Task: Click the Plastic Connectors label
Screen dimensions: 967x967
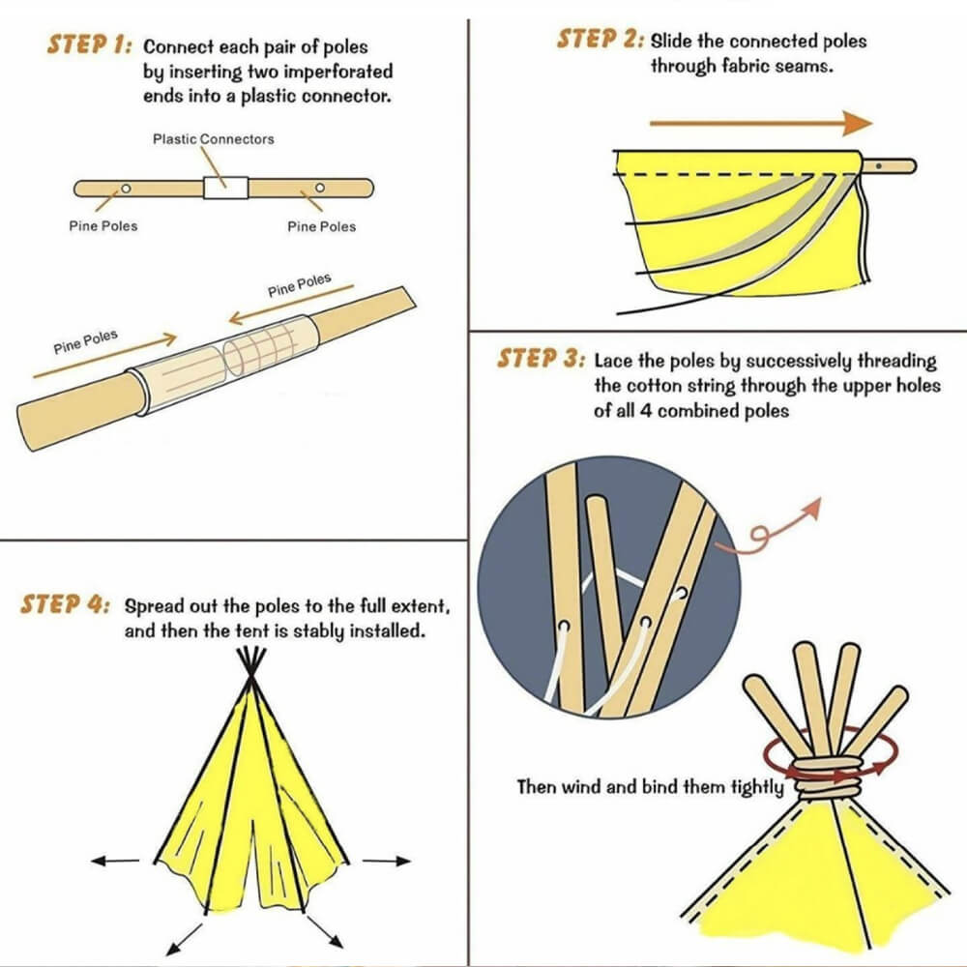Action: point(213,139)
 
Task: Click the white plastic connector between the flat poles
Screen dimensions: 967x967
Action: point(225,186)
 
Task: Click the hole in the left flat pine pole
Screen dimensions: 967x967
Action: point(125,187)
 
